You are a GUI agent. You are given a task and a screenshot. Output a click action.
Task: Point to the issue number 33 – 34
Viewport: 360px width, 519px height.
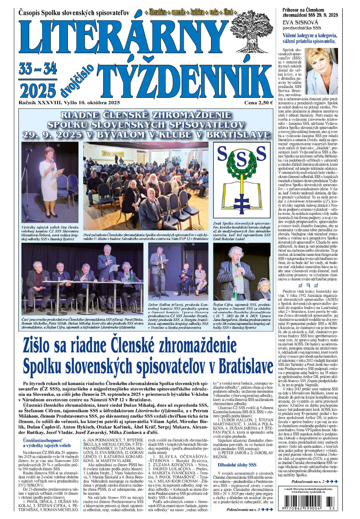pos(37,69)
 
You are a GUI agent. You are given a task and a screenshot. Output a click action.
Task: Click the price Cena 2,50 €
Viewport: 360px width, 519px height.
pos(256,103)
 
